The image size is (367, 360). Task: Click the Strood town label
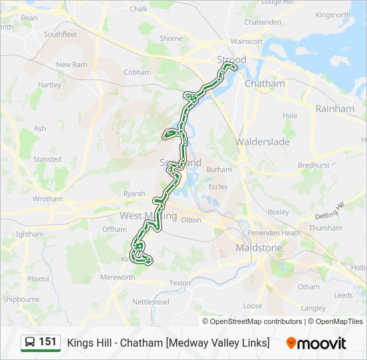232,60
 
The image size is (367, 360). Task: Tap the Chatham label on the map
264,84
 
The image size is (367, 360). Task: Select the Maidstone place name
259,248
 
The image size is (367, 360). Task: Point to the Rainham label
334,109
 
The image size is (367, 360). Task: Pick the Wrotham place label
47,199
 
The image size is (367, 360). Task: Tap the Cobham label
137,72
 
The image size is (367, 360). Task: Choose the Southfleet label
61,34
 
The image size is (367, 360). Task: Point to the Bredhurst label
314,165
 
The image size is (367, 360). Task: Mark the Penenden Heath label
274,233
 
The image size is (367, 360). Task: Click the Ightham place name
29,234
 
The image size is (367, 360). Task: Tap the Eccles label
218,187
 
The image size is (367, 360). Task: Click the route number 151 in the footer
47,342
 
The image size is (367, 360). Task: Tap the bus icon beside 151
30,343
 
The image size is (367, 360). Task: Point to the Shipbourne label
21,299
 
